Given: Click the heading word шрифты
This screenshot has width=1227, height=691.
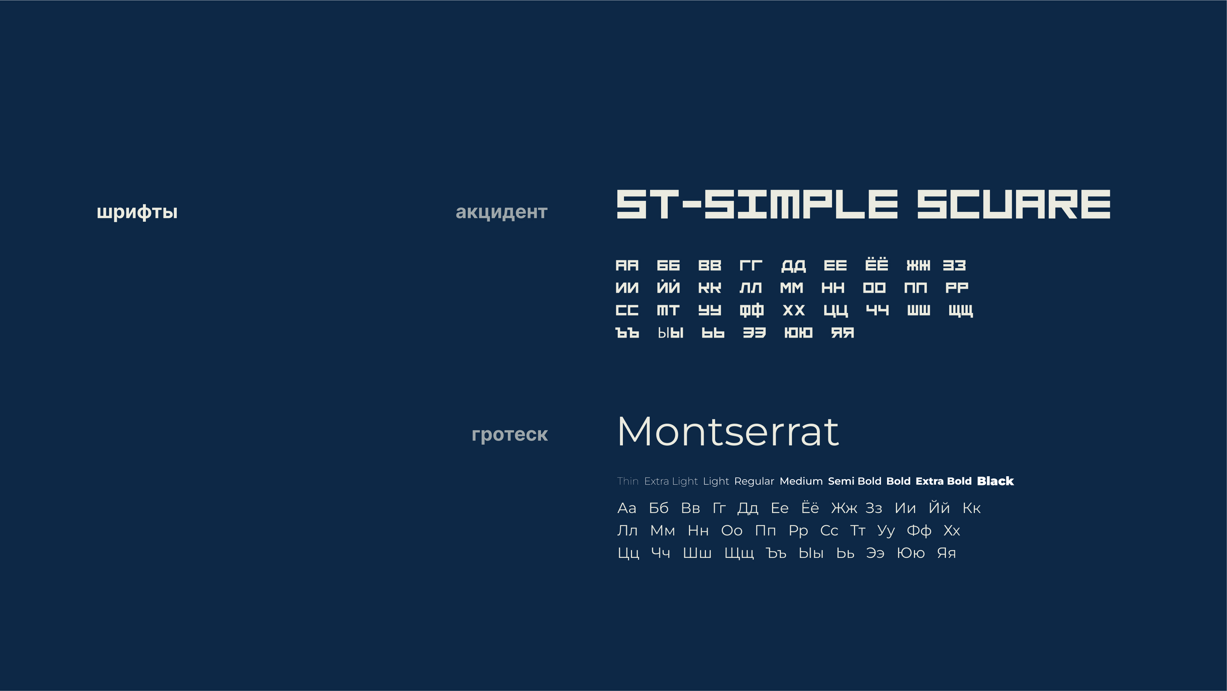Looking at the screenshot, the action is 137,212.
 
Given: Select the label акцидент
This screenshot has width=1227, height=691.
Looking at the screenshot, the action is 502,212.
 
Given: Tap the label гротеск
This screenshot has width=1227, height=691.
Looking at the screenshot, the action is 510,435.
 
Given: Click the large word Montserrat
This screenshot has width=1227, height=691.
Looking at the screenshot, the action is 728,431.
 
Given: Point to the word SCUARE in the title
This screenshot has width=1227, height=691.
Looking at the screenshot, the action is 1014,204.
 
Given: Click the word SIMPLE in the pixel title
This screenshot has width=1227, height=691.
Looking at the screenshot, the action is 801,204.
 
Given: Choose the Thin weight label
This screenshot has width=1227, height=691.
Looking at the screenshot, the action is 628,481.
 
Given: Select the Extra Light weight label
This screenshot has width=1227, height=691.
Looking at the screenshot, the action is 671,481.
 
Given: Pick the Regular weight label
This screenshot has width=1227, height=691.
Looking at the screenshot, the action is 754,481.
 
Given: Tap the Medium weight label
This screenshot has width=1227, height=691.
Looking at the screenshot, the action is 801,481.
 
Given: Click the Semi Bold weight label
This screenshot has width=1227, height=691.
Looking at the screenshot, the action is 854,481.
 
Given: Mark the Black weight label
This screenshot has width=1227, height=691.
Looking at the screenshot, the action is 995,481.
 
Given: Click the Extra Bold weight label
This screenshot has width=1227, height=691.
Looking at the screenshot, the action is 944,481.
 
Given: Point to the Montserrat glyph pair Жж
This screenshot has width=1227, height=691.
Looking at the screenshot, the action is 844,508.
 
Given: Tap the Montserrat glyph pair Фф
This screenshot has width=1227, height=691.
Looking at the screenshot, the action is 919,530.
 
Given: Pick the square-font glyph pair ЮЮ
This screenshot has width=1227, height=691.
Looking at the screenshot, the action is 798,333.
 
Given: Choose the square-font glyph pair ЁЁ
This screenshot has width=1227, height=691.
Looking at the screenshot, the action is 876,264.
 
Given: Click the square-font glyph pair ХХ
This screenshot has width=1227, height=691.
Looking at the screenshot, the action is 793,310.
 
